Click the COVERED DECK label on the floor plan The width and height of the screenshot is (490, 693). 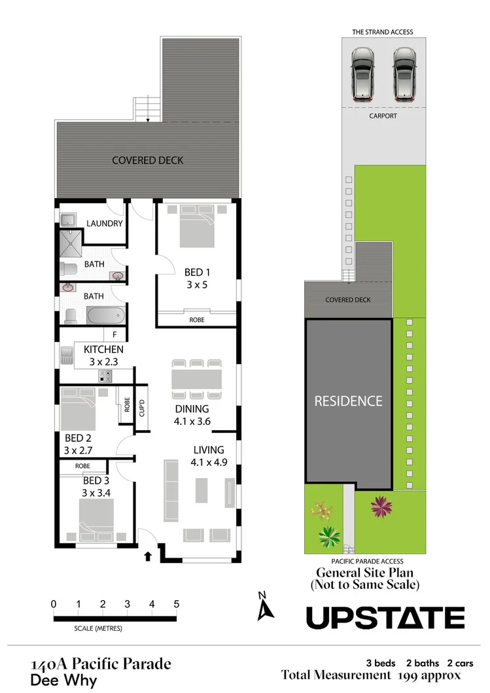click(x=147, y=160)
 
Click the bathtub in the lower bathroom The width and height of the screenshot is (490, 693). click(x=105, y=315)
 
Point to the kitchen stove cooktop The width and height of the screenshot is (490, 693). click(x=106, y=375)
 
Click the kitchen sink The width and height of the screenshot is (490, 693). click(x=67, y=356)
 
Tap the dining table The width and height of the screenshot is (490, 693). click(x=196, y=379)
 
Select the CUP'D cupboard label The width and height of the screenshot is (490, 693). click(x=142, y=408)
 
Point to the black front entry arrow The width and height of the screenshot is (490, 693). click(x=148, y=557)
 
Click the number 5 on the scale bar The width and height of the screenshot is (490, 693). click(x=176, y=604)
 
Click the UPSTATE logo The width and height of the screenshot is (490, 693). click(x=385, y=618)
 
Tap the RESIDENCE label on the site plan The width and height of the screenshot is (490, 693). click(x=348, y=401)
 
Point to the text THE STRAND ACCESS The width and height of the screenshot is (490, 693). click(x=383, y=32)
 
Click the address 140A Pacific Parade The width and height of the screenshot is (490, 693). click(x=101, y=665)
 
